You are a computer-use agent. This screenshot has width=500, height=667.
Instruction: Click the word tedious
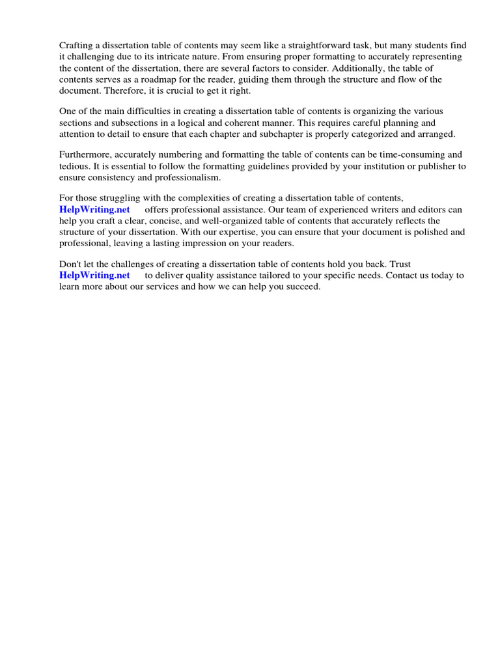pyautogui.click(x=74, y=166)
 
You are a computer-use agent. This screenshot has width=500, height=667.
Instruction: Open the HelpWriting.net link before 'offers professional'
pyautogui.click(x=94, y=209)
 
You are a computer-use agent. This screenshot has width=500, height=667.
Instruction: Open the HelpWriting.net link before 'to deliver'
pyautogui.click(x=94, y=276)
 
